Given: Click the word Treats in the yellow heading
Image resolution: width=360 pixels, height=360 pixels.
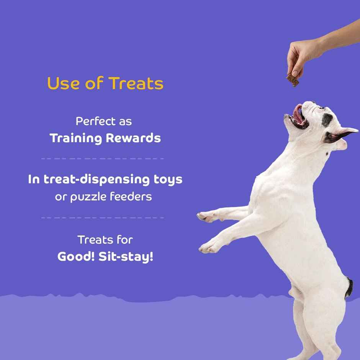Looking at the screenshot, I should tap(136, 83).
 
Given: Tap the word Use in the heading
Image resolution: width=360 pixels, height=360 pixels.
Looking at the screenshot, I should tap(62, 83).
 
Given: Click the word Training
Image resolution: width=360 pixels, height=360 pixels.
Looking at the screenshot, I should tap(76, 138).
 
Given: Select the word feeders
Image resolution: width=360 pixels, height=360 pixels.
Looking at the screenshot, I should tap(131, 196).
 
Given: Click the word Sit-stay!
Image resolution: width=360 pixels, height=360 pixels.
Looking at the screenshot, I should tap(126, 257).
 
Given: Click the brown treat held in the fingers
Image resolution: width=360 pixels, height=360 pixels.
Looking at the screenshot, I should tap(293, 80).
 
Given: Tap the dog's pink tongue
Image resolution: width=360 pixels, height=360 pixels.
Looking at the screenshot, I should tap(298, 114).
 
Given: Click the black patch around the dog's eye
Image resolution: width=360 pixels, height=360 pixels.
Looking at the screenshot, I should tap(327, 120).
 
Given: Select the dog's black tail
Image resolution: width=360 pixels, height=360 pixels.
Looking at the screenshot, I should tap(349, 288).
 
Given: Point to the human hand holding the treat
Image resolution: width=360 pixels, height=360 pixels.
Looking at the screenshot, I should tap(303, 56).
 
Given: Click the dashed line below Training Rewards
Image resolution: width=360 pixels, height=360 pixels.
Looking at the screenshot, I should tap(102, 158).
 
